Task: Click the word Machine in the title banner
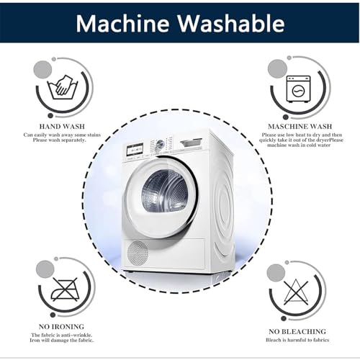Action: [122, 24]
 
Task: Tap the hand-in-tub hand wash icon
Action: [63, 87]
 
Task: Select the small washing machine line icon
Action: [299, 89]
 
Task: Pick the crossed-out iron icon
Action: [65, 289]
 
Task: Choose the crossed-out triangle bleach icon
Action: [296, 292]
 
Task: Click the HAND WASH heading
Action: [62, 127]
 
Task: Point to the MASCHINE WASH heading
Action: [300, 127]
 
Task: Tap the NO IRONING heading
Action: [61, 327]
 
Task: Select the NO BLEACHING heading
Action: [297, 332]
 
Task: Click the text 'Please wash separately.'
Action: [59, 140]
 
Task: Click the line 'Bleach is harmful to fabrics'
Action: [297, 340]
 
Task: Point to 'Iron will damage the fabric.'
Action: [62, 341]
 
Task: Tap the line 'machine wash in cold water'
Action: [299, 145]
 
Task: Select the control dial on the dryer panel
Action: [160, 145]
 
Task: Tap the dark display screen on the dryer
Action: [135, 150]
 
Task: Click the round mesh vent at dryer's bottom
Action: [138, 253]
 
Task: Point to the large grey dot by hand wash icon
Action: [42, 70]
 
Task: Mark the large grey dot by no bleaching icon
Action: [276, 274]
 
